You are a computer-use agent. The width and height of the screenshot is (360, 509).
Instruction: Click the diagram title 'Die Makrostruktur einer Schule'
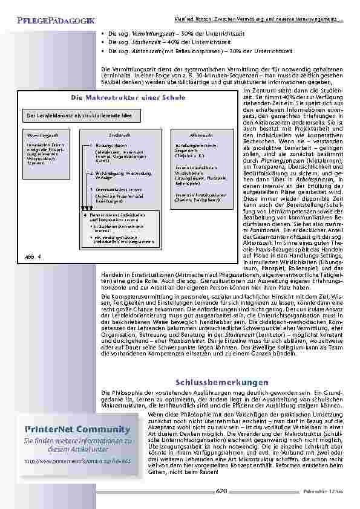point(119,98)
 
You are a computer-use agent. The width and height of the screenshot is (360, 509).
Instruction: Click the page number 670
point(221,492)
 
